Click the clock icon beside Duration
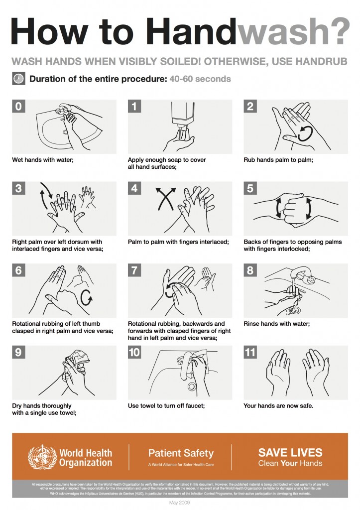pos(18,79)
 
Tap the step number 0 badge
pos(18,107)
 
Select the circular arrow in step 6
pos(86,298)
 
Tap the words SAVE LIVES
pos(290,453)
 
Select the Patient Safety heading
pos(181,453)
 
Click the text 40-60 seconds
pos(200,79)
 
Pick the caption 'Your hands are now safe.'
pos(278,406)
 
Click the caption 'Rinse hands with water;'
pos(277,324)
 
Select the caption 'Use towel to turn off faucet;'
pos(166,406)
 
